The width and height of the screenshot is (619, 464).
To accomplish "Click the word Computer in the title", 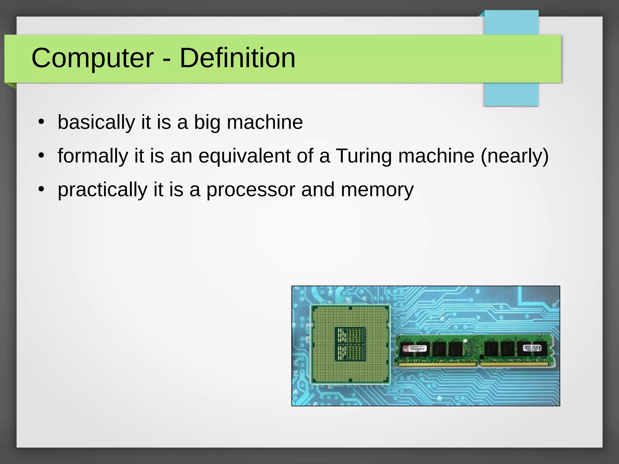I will [x=92, y=58].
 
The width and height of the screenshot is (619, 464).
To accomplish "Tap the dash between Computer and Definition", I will [x=166, y=60].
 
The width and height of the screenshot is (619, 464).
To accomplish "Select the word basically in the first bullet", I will [x=96, y=122].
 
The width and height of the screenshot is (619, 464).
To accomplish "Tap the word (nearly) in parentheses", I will [x=514, y=156].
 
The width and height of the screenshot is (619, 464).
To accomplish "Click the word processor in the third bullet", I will [x=251, y=190].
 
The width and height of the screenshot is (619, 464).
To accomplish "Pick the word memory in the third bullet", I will [x=377, y=190].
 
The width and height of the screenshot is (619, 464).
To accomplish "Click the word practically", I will [x=102, y=190].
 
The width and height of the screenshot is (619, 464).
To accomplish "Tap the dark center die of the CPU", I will [x=351, y=344].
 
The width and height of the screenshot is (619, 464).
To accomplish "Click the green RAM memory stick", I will [x=475, y=350].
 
